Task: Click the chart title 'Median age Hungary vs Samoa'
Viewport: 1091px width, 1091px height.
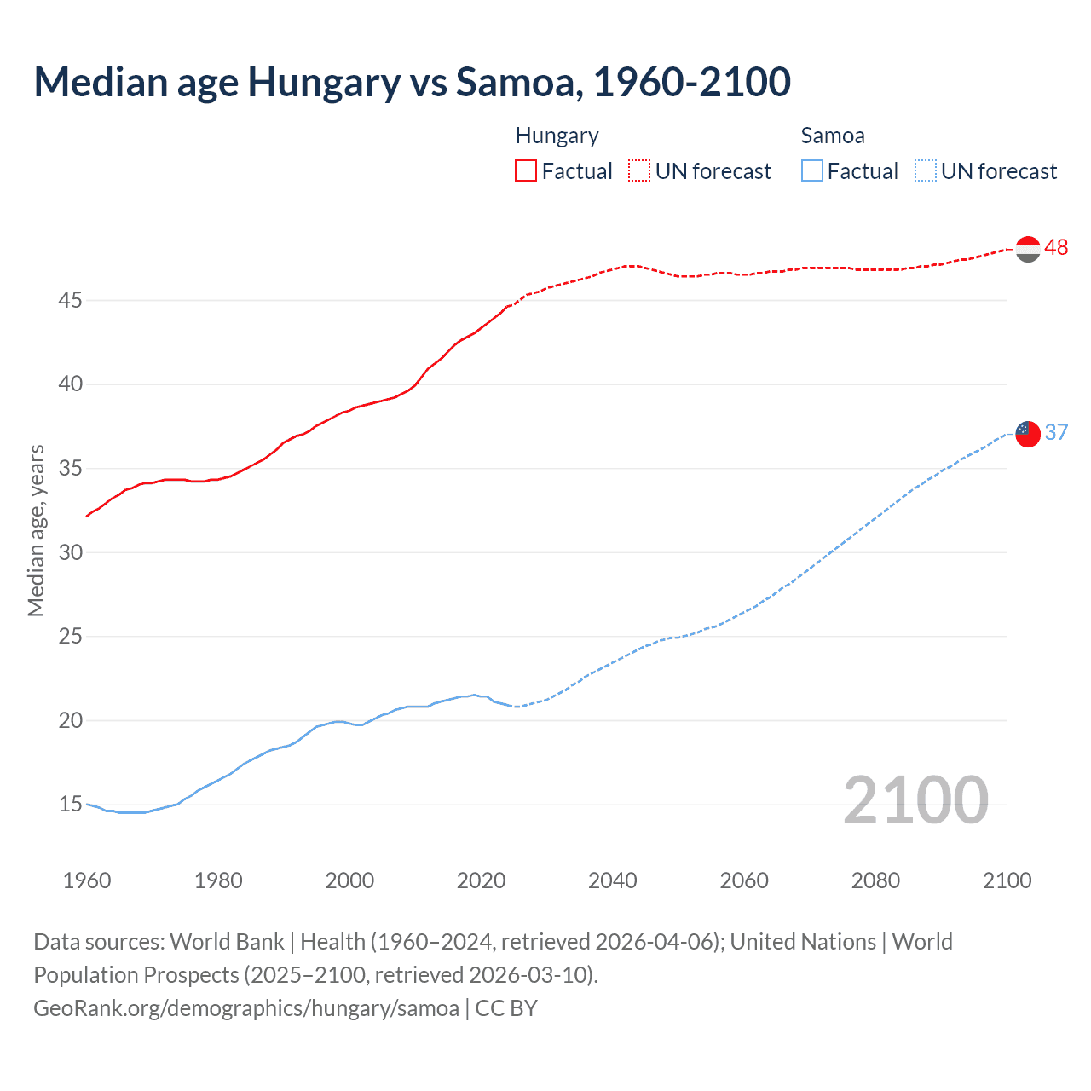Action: [412, 83]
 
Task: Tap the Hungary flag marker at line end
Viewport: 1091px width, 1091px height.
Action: [1028, 249]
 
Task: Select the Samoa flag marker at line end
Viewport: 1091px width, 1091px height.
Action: [1028, 434]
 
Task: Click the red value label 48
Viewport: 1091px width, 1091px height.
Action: [1056, 247]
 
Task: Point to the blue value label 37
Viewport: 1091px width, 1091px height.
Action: [1056, 432]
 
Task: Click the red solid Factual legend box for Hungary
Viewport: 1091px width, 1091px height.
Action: [526, 170]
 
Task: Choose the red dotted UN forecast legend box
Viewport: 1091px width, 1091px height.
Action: [639, 170]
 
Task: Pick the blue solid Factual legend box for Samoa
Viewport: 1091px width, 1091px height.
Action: [811, 170]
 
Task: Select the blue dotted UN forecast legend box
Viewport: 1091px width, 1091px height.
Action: [925, 170]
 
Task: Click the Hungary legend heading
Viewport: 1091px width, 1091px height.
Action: [557, 136]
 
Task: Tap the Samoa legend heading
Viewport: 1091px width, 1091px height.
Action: [832, 136]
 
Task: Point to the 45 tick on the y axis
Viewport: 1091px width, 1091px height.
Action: [70, 300]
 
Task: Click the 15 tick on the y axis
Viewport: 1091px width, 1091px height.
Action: [70, 804]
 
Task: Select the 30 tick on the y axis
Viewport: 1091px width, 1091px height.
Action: [70, 552]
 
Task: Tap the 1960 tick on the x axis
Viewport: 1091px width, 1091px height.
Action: [87, 880]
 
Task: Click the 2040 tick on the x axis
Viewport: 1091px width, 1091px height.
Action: [612, 880]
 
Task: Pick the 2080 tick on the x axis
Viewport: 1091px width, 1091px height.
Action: [875, 880]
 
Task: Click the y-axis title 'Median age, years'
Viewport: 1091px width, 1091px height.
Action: [36, 530]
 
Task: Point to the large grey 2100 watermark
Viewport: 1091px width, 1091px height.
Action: [915, 800]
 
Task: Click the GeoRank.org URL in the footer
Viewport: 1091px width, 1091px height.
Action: [246, 1007]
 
